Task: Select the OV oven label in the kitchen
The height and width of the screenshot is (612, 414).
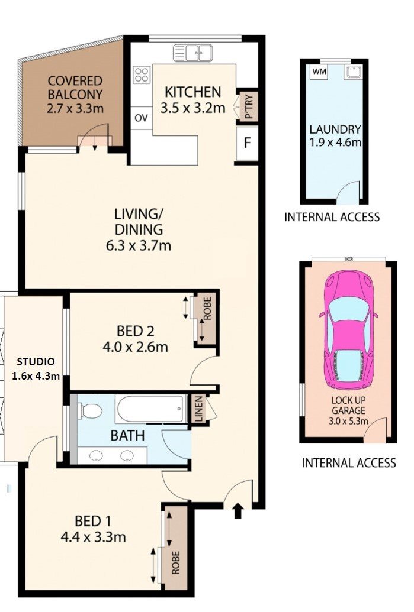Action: [141, 118]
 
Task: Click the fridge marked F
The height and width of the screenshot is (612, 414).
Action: [248, 143]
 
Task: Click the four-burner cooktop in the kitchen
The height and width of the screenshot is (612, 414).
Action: [142, 75]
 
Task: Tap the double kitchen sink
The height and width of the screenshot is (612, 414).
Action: [193, 53]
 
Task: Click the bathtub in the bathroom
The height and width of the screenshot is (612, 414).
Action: [150, 409]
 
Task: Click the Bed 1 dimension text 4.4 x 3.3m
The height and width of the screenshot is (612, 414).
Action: [93, 537]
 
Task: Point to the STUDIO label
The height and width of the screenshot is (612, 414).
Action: [36, 361]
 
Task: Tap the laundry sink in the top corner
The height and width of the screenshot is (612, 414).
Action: [353, 73]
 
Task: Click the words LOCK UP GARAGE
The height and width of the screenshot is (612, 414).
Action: [348, 404]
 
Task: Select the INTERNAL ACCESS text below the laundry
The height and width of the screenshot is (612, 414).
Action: [332, 217]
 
